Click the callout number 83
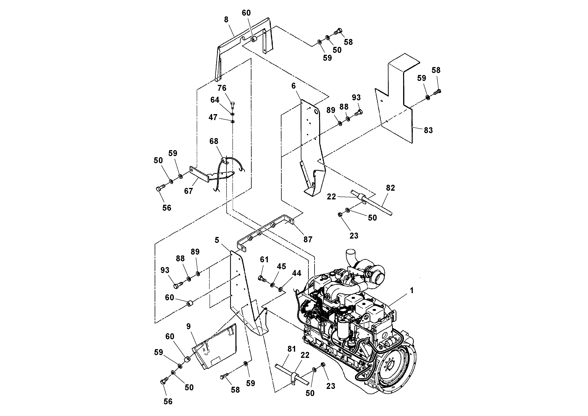pyautogui.click(x=428, y=130)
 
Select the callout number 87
pyautogui.click(x=308, y=240)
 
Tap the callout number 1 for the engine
pyautogui.click(x=412, y=291)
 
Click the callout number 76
pyautogui.click(x=222, y=88)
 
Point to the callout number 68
pyautogui.click(x=214, y=141)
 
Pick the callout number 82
pyautogui.click(x=390, y=188)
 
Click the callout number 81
pyautogui.click(x=292, y=349)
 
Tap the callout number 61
pyautogui.click(x=264, y=260)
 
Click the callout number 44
pyautogui.click(x=296, y=273)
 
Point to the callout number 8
pyautogui.click(x=226, y=20)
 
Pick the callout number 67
pyautogui.click(x=188, y=191)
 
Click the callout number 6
pyautogui.click(x=294, y=86)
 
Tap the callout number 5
pyautogui.click(x=217, y=240)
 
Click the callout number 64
pyautogui.click(x=215, y=100)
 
